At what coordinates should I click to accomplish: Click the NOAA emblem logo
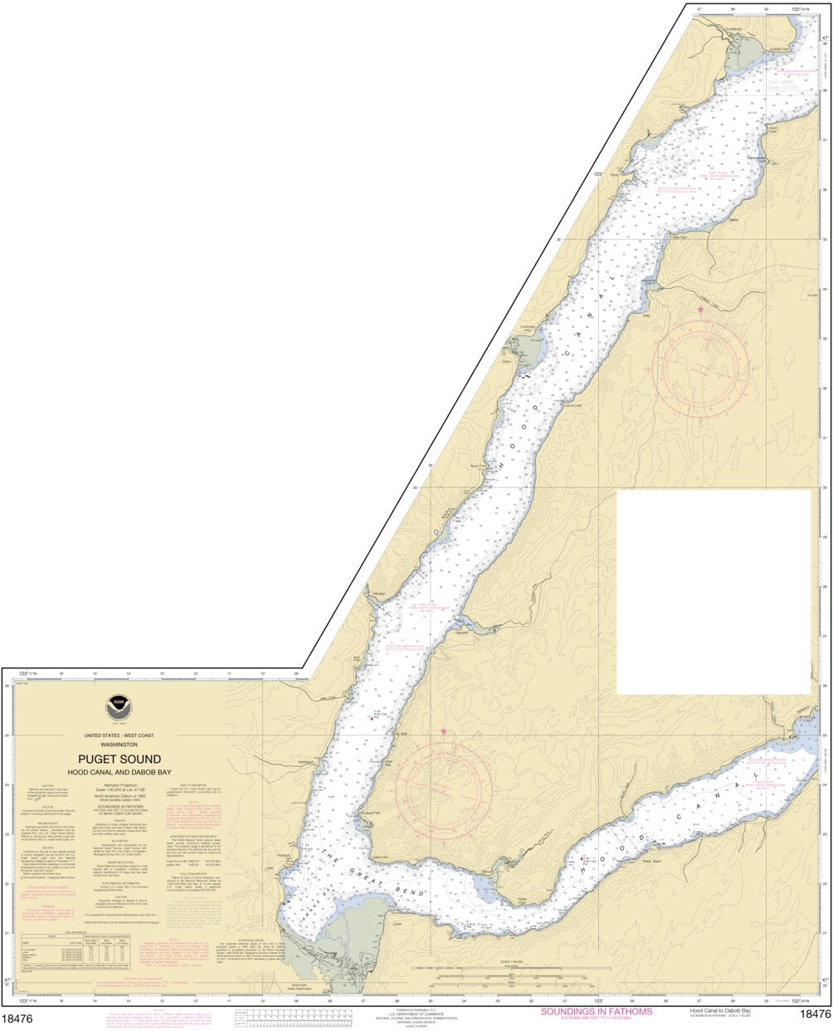point(119,708)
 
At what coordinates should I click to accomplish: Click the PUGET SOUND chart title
point(119,759)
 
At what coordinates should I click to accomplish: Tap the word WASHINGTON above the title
point(119,744)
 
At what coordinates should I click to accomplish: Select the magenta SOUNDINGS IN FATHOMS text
point(596,1011)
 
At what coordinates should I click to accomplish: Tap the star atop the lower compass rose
point(444,731)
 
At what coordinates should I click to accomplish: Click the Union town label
point(397,922)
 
